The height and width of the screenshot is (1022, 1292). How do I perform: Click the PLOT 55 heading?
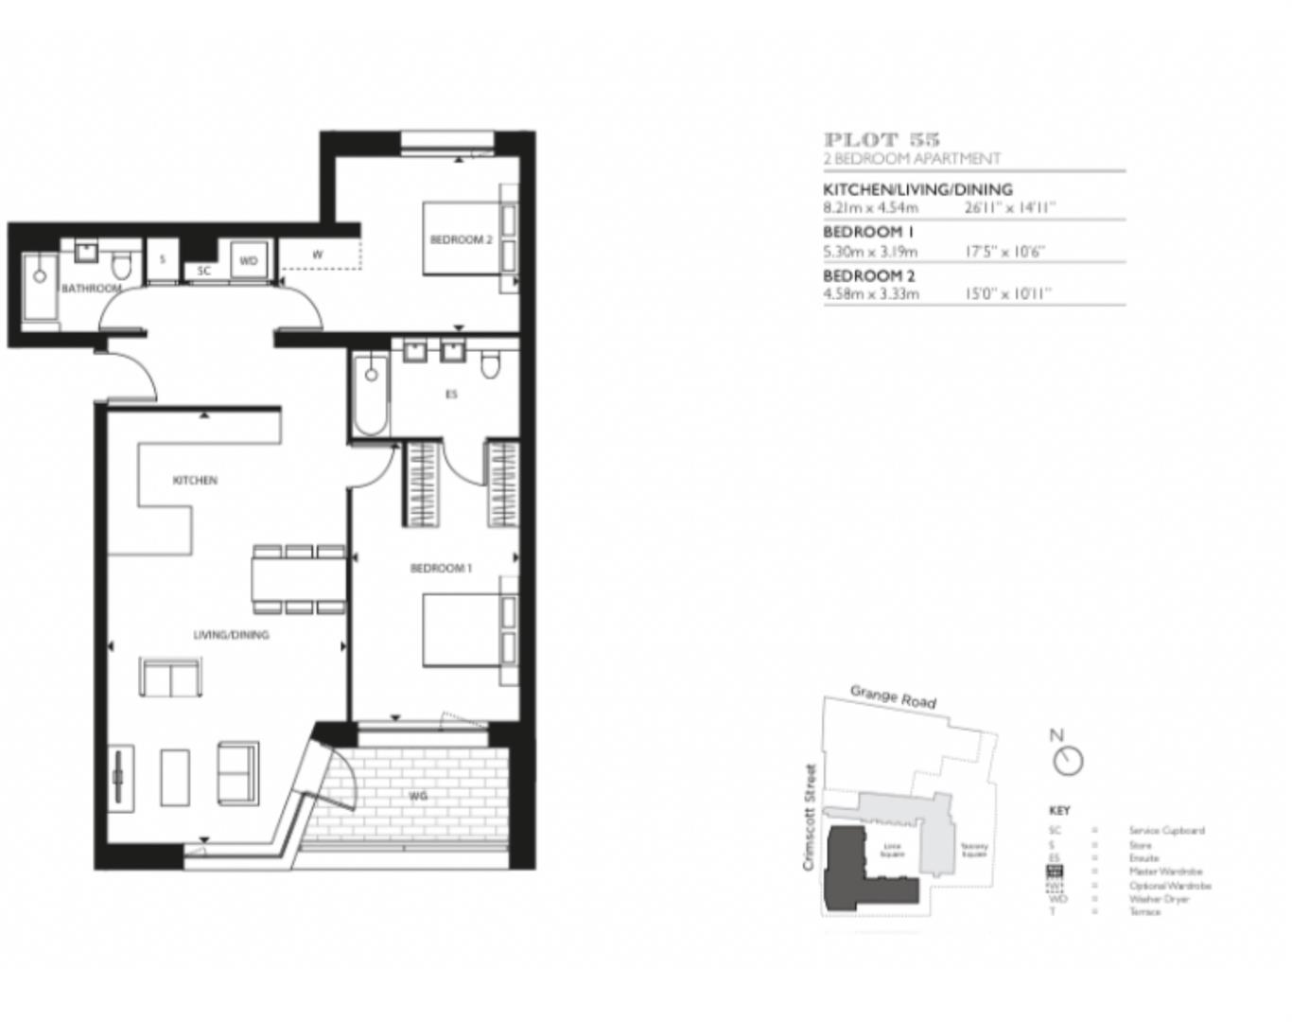click(x=882, y=140)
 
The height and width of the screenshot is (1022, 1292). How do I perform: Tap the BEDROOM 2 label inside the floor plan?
click(x=461, y=239)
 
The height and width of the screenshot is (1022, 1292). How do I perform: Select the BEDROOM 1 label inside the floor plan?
click(x=440, y=568)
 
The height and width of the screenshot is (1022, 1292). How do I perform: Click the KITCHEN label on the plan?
click(x=195, y=480)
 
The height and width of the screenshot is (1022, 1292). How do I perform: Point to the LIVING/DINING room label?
click(x=231, y=635)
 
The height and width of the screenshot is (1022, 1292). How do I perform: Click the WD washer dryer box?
click(x=248, y=260)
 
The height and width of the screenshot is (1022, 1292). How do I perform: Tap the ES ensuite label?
click(x=451, y=394)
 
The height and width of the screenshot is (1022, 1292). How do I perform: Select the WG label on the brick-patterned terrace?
click(x=418, y=796)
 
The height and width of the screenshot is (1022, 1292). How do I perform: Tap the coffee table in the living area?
click(x=175, y=777)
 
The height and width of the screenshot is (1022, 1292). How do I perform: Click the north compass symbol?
click(x=1068, y=760)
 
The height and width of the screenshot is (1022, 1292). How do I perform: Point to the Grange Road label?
click(x=893, y=697)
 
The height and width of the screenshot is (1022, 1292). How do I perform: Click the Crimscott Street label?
click(x=809, y=818)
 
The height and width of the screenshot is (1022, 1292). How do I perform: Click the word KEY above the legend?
click(x=1059, y=811)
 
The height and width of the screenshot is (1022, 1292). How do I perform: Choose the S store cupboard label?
click(x=163, y=259)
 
